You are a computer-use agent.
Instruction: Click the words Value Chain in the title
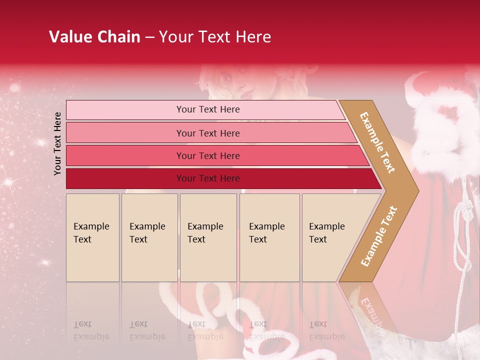point(94,37)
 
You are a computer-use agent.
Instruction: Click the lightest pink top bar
point(125,110)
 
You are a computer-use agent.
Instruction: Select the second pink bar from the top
point(125,133)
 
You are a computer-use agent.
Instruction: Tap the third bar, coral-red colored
point(125,155)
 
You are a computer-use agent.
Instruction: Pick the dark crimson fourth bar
point(125,178)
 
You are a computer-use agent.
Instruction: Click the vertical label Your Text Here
point(57,143)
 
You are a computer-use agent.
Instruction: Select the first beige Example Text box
point(92,237)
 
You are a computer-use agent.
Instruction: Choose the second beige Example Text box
point(149,237)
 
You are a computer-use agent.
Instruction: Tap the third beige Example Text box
point(208,237)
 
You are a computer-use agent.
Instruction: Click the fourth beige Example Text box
point(269,237)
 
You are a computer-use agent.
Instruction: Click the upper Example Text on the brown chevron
point(377,142)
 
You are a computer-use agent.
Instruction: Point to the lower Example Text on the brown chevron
point(379,236)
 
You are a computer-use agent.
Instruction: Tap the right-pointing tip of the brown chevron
point(416,190)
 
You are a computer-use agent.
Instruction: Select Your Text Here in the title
point(215,37)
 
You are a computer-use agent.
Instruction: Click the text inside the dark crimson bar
point(208,178)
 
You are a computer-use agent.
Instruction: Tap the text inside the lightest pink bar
point(208,109)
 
